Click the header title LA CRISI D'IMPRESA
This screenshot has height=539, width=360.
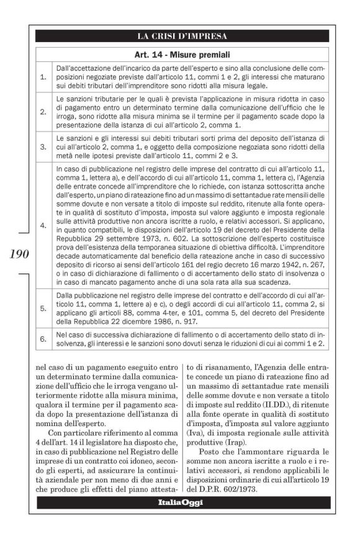click(182, 36)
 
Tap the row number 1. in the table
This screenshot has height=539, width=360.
click(43, 78)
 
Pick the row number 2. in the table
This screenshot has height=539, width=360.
click(43, 112)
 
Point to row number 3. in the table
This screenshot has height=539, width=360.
click(43, 148)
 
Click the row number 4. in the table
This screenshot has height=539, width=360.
click(43, 226)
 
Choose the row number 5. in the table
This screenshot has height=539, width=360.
click(43, 308)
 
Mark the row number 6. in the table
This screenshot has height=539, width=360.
click(43, 339)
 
